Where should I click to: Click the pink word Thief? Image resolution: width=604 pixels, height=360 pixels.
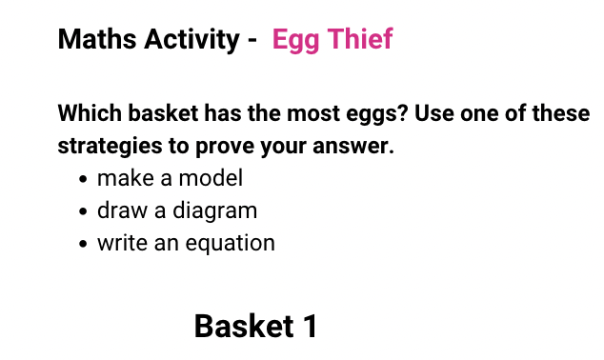359,40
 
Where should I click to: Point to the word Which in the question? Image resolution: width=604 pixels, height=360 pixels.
91,114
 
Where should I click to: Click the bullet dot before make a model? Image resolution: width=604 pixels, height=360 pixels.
85,179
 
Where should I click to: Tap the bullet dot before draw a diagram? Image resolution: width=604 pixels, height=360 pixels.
85,211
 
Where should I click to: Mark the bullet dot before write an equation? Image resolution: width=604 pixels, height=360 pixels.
85,244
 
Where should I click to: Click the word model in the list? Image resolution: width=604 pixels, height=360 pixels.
215,178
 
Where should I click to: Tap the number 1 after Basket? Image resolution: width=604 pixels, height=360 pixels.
309,327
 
